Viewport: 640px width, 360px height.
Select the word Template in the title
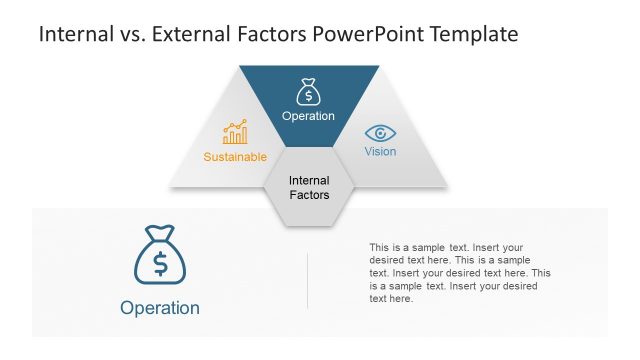click(473, 34)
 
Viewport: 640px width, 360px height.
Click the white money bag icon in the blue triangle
click(308, 92)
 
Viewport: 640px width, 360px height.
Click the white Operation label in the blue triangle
click(308, 116)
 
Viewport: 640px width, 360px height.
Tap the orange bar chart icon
click(235, 133)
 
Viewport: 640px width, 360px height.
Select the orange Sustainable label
click(235, 157)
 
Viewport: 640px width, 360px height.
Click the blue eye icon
click(380, 133)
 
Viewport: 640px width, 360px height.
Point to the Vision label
click(380, 152)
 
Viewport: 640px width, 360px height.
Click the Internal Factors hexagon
click(308, 188)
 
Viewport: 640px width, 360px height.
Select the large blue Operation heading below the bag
click(160, 308)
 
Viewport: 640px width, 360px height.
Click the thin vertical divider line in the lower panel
click(307, 280)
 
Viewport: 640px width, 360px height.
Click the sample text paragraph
click(460, 272)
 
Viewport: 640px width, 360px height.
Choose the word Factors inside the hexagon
click(308, 195)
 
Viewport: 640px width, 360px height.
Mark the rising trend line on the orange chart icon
click(236, 126)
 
